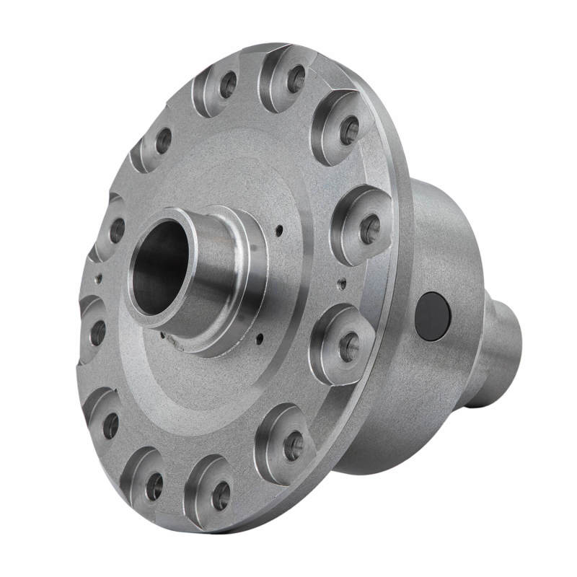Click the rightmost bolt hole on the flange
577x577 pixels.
tap(369, 229)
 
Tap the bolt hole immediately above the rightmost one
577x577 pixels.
tap(350, 131)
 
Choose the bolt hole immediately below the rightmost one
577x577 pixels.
tap(349, 347)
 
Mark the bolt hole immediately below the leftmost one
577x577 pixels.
tap(110, 426)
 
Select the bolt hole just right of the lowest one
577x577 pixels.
tap(293, 446)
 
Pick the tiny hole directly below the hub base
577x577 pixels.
tap(258, 336)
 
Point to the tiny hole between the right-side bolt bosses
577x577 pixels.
tap(342, 283)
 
